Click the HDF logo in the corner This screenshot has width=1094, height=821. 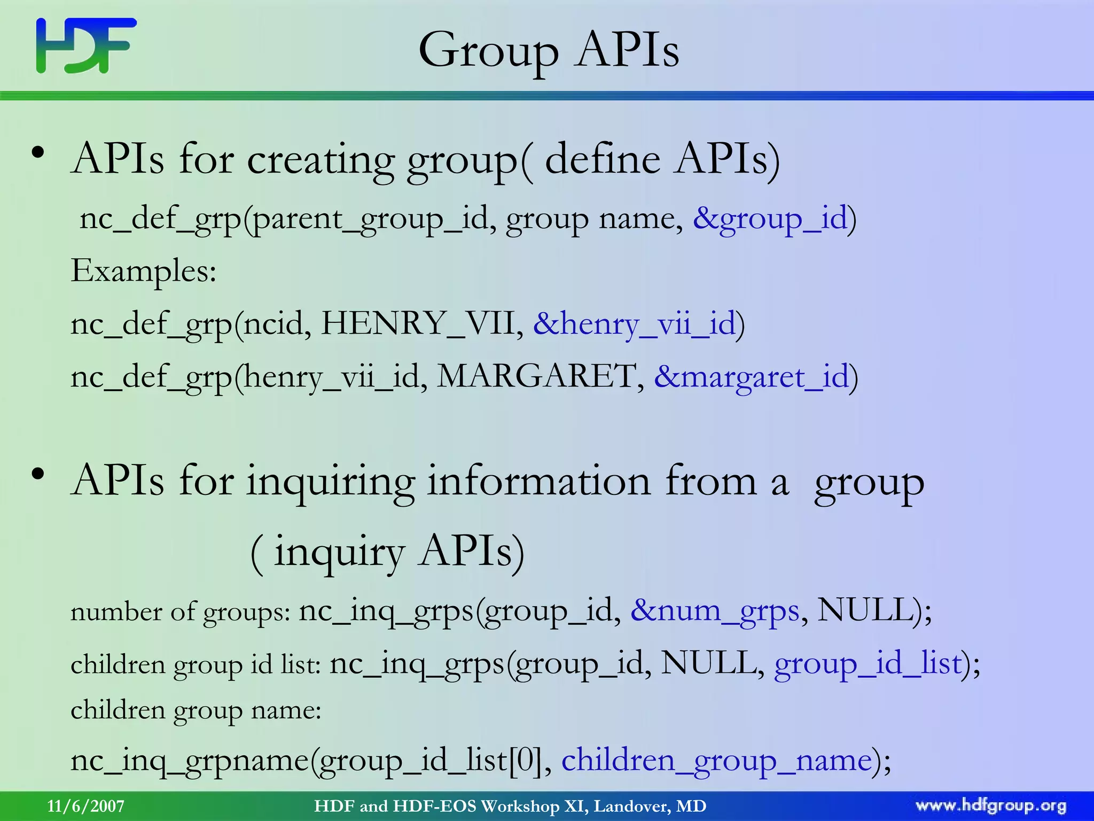pyautogui.click(x=86, y=45)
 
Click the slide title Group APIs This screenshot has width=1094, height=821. pyautogui.click(x=549, y=50)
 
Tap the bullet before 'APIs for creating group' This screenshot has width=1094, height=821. pyautogui.click(x=37, y=153)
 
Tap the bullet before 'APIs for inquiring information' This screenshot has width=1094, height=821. pyautogui.click(x=37, y=474)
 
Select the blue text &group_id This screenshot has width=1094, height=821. pyautogui.click(x=770, y=219)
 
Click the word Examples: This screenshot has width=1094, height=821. pyautogui.click(x=143, y=271)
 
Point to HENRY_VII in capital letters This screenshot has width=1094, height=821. pyautogui.click(x=417, y=323)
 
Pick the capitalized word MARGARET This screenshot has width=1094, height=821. pyautogui.click(x=537, y=376)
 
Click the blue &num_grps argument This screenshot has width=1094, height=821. pyautogui.click(x=715, y=610)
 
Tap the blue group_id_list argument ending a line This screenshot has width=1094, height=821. pyautogui.click(x=868, y=664)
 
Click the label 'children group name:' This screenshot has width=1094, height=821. pyautogui.click(x=196, y=711)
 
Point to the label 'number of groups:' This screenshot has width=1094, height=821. pyautogui.click(x=180, y=612)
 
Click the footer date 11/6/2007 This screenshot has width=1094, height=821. pyautogui.click(x=85, y=806)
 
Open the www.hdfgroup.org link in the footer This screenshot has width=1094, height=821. pyautogui.click(x=990, y=806)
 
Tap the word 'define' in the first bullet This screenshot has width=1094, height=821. pyautogui.click(x=602, y=159)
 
